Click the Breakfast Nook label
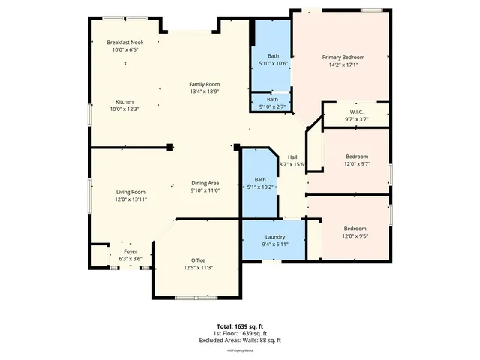point(125,43)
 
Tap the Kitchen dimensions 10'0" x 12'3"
point(124,109)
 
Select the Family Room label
point(204,84)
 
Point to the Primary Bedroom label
point(343,58)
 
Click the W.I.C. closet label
point(356,112)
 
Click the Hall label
point(292,157)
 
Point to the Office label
point(198,260)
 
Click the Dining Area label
point(205,184)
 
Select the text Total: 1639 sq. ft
point(239,326)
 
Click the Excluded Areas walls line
point(239,340)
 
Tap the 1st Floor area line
point(239,333)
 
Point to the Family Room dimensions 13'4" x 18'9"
point(204,91)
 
